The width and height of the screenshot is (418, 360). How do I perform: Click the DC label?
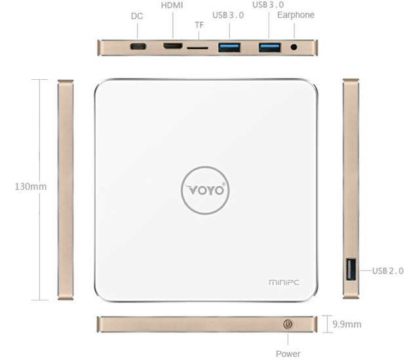[x=137, y=16]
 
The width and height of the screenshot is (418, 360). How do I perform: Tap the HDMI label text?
[x=172, y=5]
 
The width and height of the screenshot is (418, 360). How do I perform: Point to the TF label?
[x=199, y=25]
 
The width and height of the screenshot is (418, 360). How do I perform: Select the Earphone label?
[x=296, y=15]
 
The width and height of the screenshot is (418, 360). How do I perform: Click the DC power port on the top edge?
[x=138, y=47]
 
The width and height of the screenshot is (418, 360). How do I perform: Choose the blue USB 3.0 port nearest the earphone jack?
[x=269, y=47]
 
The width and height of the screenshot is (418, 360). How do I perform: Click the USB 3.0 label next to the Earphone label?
[x=268, y=5]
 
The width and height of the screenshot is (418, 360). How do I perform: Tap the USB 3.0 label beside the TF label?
[x=228, y=15]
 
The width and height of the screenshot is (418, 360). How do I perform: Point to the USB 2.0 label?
[x=388, y=270]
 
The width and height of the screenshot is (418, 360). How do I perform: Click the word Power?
[x=288, y=353]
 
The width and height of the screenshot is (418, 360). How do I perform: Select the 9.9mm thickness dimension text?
[x=347, y=324]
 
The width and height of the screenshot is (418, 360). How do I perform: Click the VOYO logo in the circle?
[x=205, y=190]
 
